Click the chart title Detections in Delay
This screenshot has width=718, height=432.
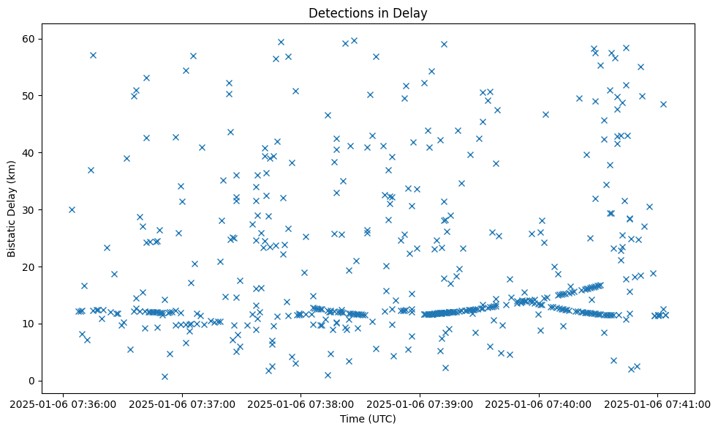[x=368, y=12]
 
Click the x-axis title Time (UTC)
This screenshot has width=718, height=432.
[x=368, y=419]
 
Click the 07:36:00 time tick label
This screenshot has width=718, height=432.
[x=63, y=403]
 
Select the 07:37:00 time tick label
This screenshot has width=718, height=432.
[x=182, y=403]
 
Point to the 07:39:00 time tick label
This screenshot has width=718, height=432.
[x=420, y=403]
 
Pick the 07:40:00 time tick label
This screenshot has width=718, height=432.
[x=539, y=403]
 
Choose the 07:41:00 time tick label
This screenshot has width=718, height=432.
[x=657, y=403]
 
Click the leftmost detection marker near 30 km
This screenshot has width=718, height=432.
[x=72, y=209]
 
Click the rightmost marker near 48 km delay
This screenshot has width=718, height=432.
[x=663, y=104]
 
